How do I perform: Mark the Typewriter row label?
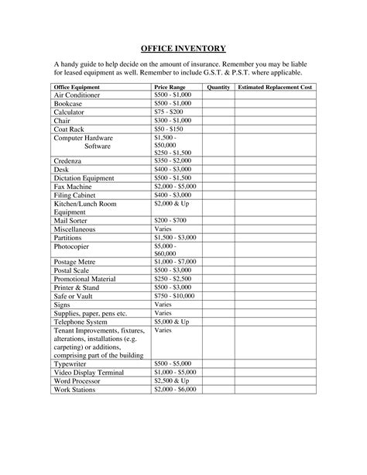(71, 363)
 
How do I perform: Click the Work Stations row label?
(75, 388)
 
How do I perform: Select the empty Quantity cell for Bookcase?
(219, 104)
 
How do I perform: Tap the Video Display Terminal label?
(88, 371)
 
